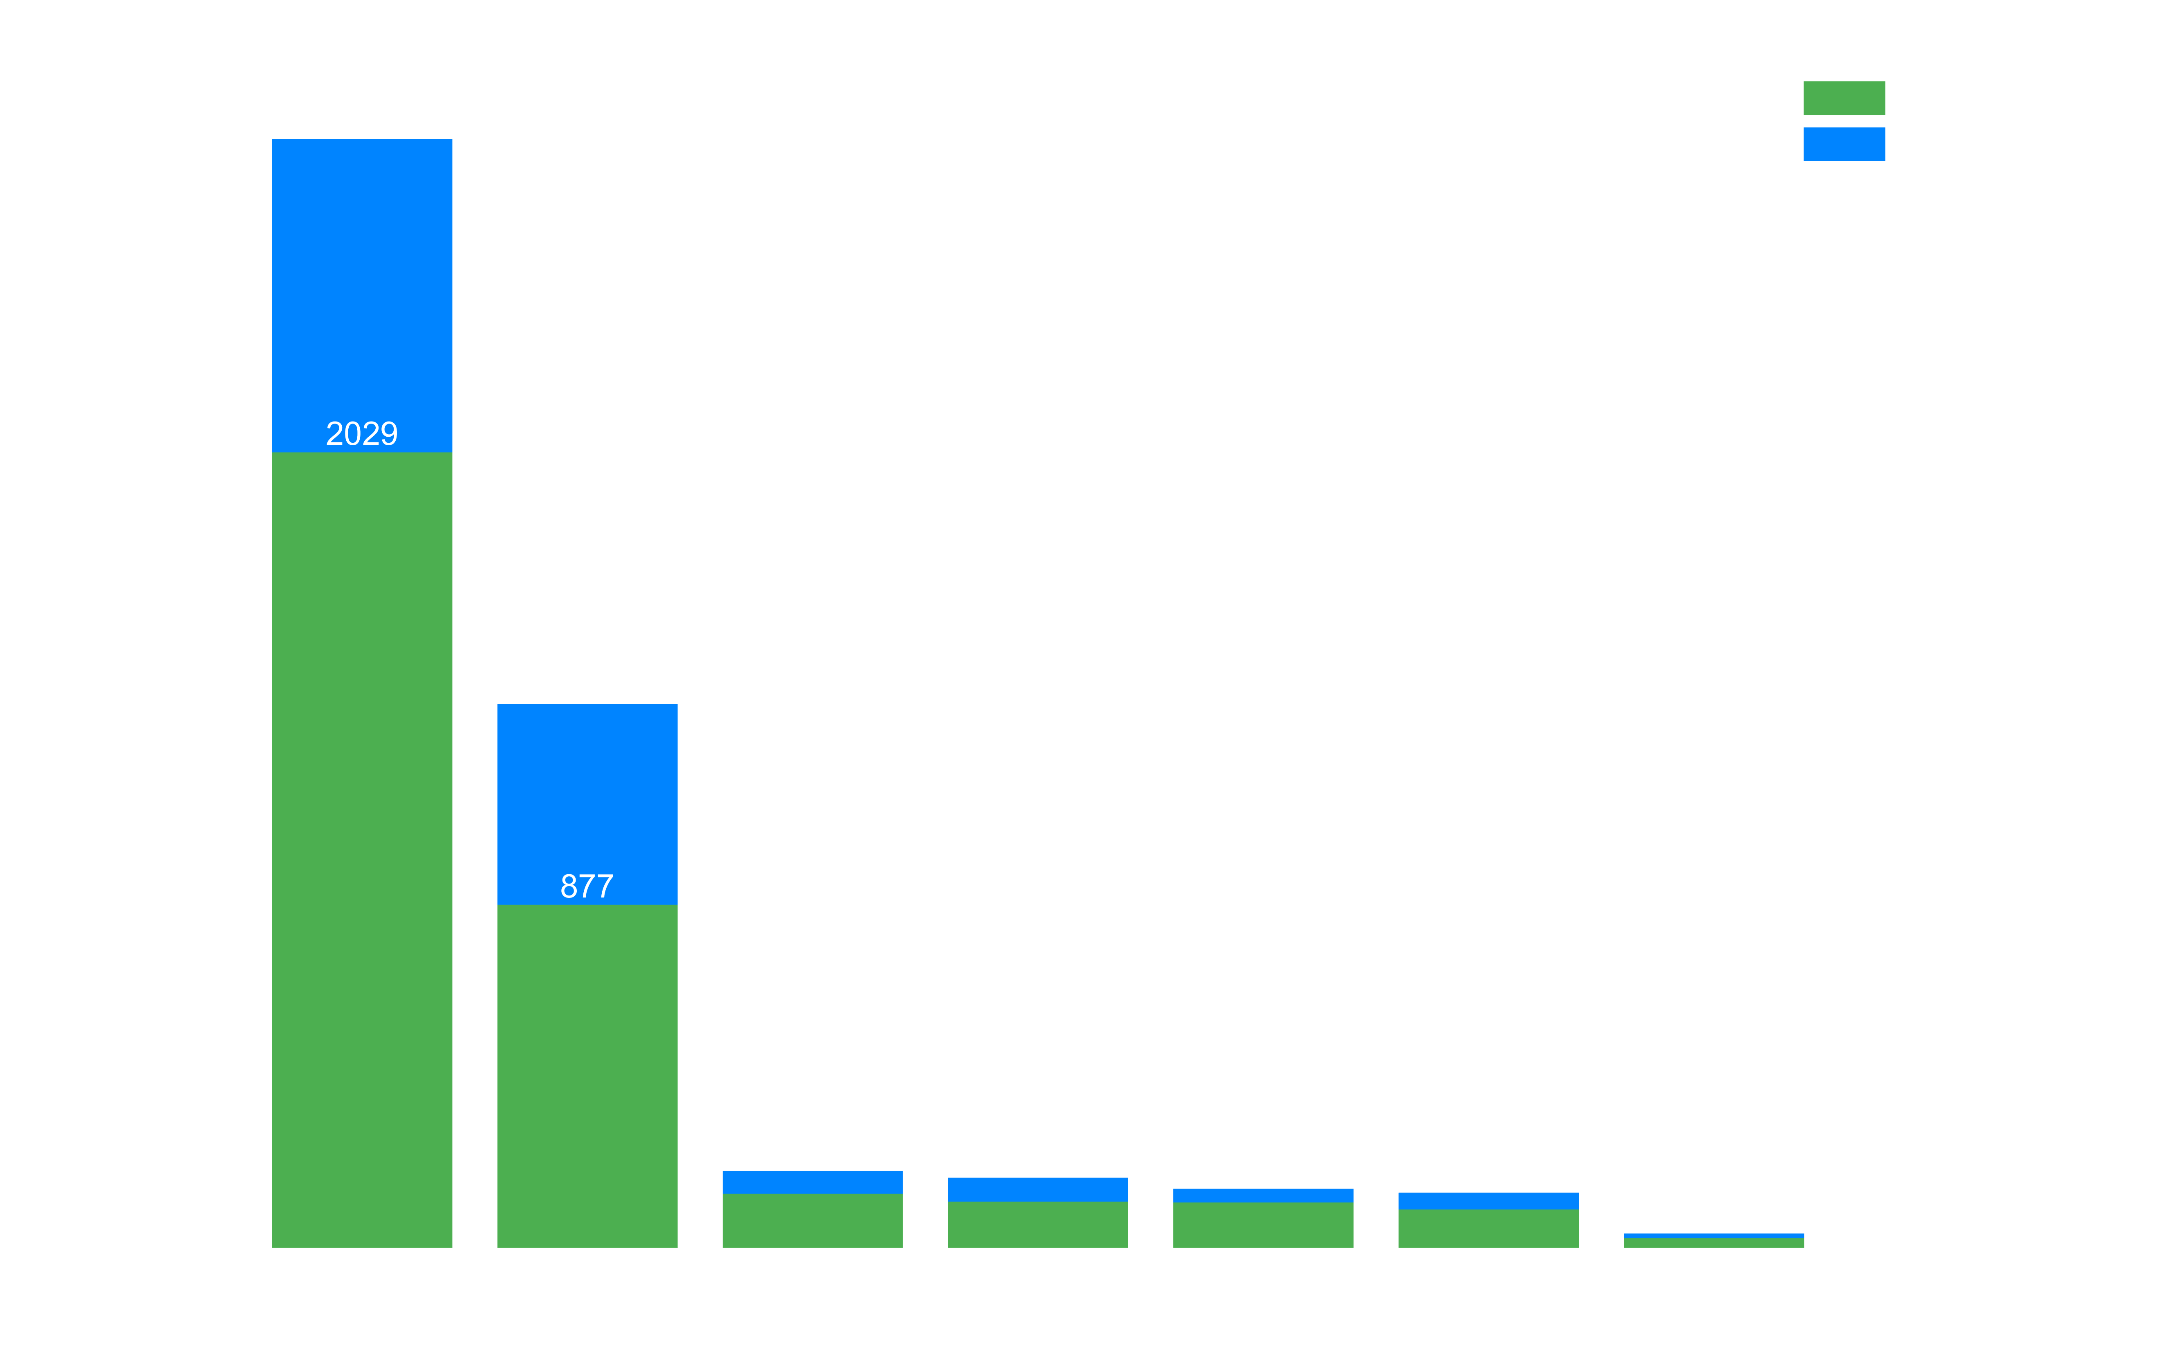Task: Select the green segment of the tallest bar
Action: (x=361, y=850)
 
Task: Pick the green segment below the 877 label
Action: (x=587, y=1076)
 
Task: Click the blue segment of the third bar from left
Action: (x=813, y=1182)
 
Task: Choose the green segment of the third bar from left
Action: (x=813, y=1221)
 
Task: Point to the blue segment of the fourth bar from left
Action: (x=1038, y=1189)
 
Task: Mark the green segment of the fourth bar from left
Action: (x=1038, y=1225)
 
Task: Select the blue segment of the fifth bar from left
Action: (x=1263, y=1196)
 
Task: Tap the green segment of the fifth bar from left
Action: (x=1263, y=1225)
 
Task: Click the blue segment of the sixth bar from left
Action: (x=1488, y=1201)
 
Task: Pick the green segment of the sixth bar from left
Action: (x=1488, y=1229)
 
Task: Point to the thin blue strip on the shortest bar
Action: (x=1714, y=1236)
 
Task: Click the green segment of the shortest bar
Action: (x=1714, y=1243)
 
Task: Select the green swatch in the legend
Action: (x=1844, y=98)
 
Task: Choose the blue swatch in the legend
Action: (x=1844, y=144)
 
